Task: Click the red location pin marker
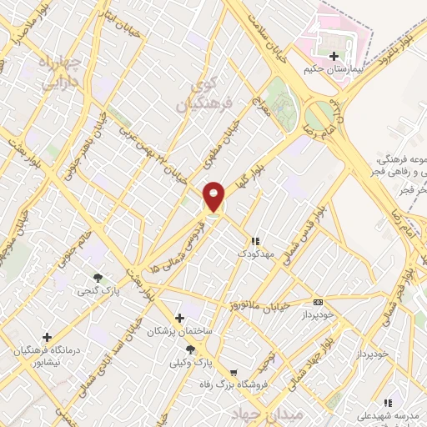[x=214, y=197]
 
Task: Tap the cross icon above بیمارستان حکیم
[x=334, y=56]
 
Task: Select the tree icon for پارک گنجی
[x=98, y=278]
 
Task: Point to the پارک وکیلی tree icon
[x=191, y=349]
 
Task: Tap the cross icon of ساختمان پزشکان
[x=179, y=318]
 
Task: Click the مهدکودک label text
[x=254, y=253]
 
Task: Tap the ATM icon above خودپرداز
[x=317, y=302]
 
